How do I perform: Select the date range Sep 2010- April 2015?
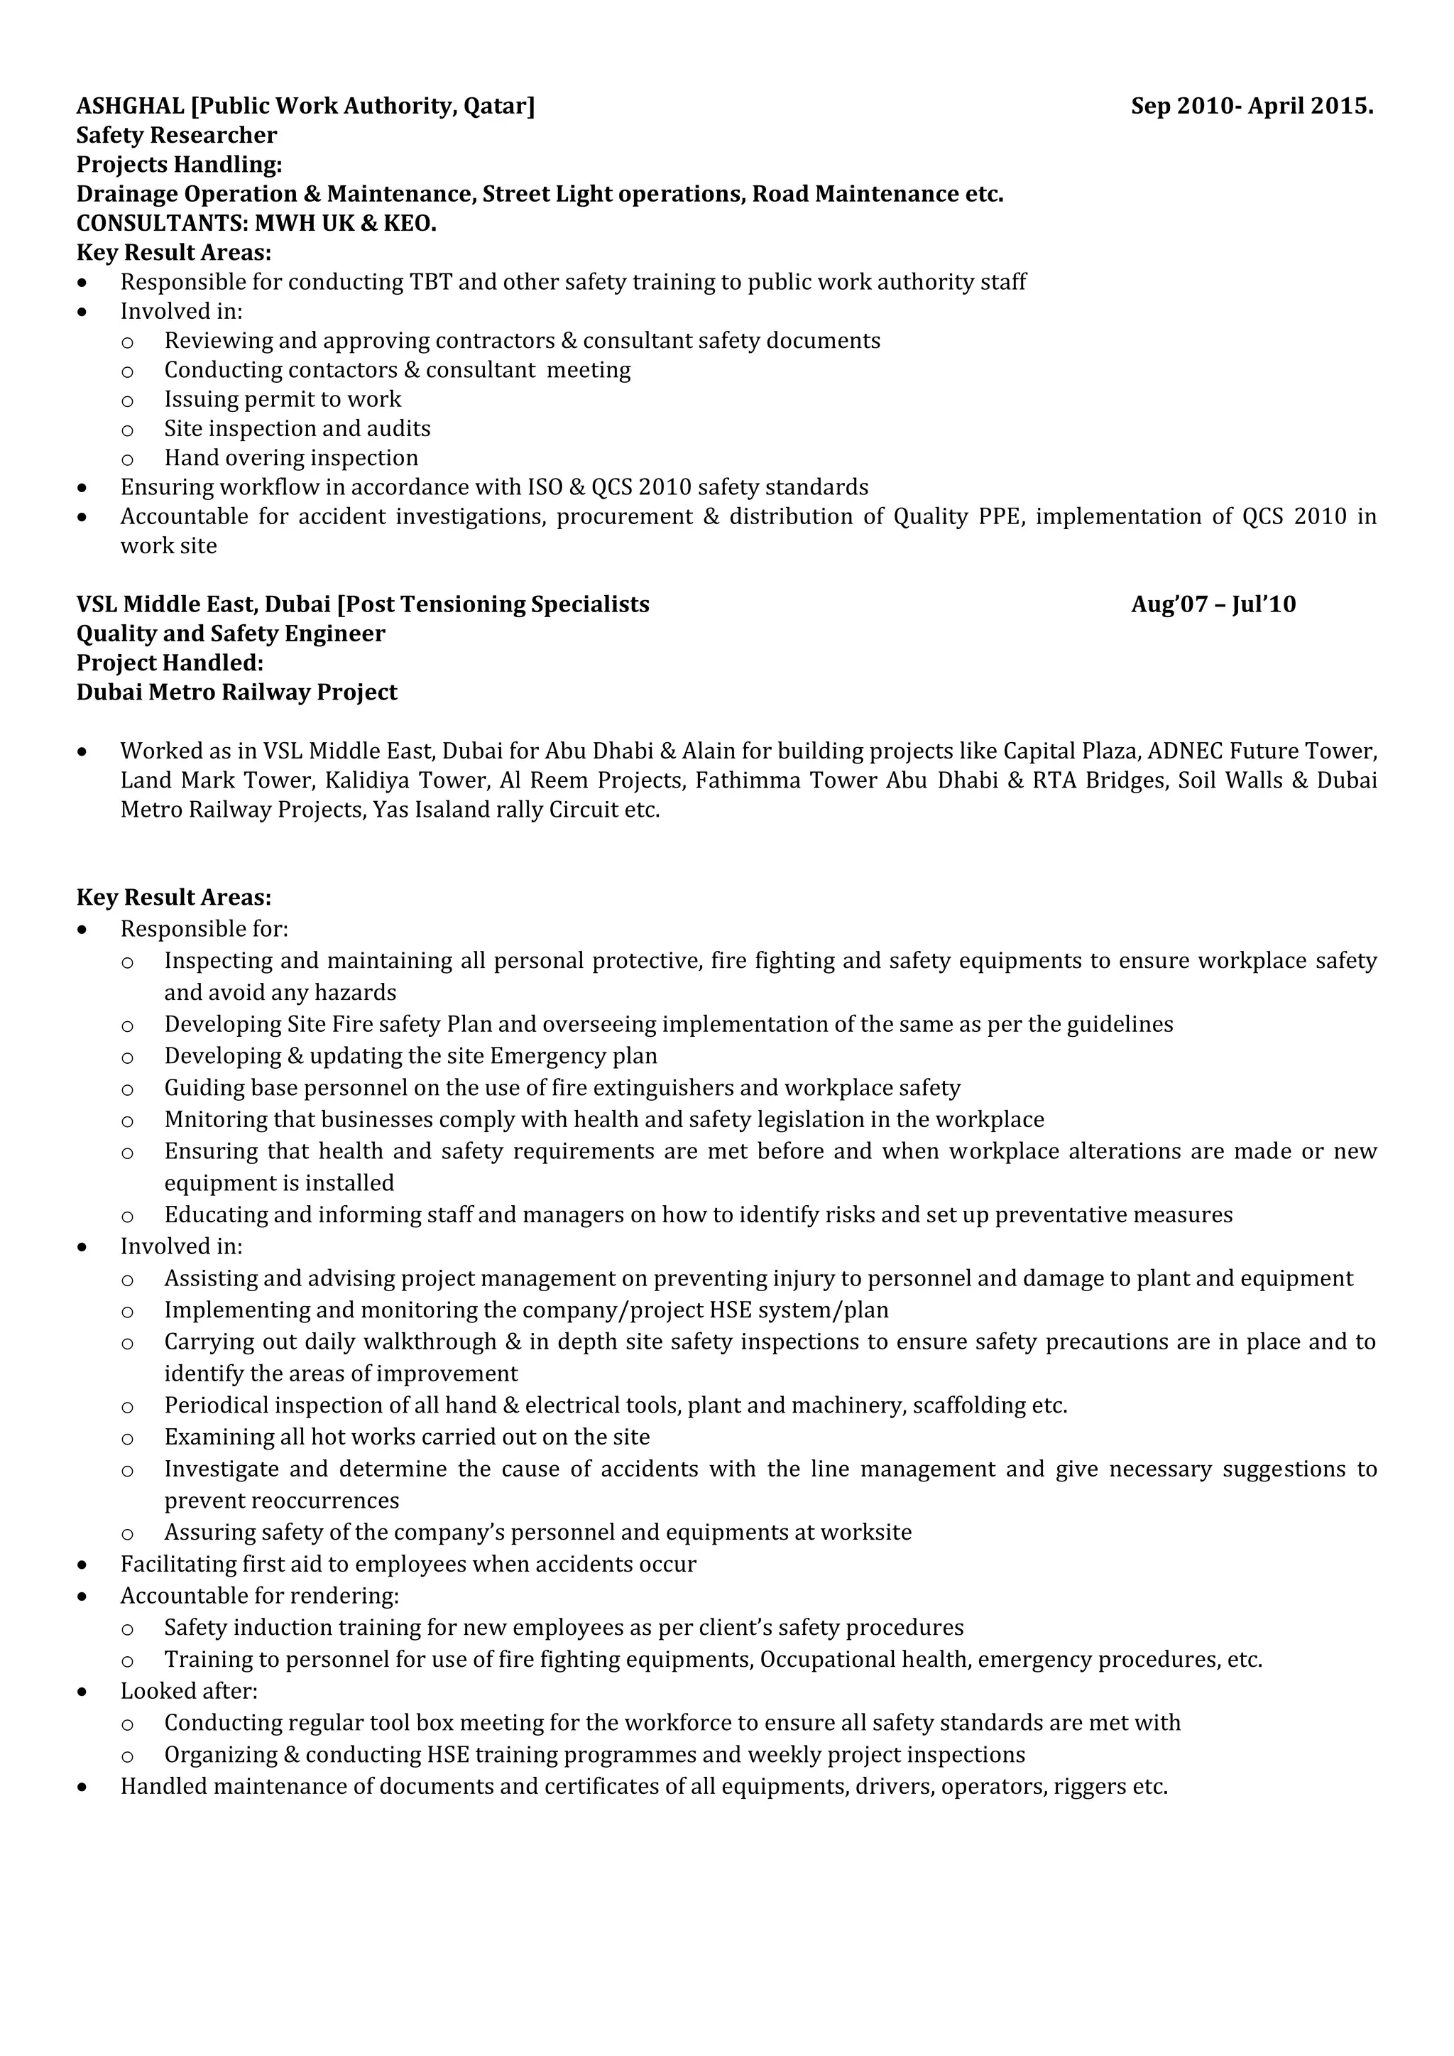click(x=1251, y=107)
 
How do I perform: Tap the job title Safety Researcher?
click(x=176, y=135)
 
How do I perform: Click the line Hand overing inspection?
click(x=291, y=459)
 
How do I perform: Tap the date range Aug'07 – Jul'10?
click(x=1213, y=604)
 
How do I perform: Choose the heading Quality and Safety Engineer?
click(x=230, y=634)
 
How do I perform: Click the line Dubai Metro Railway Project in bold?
click(x=236, y=692)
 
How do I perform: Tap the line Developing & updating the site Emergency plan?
click(x=410, y=1056)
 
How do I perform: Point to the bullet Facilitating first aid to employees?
click(x=408, y=1564)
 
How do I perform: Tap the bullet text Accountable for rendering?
click(x=260, y=1596)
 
